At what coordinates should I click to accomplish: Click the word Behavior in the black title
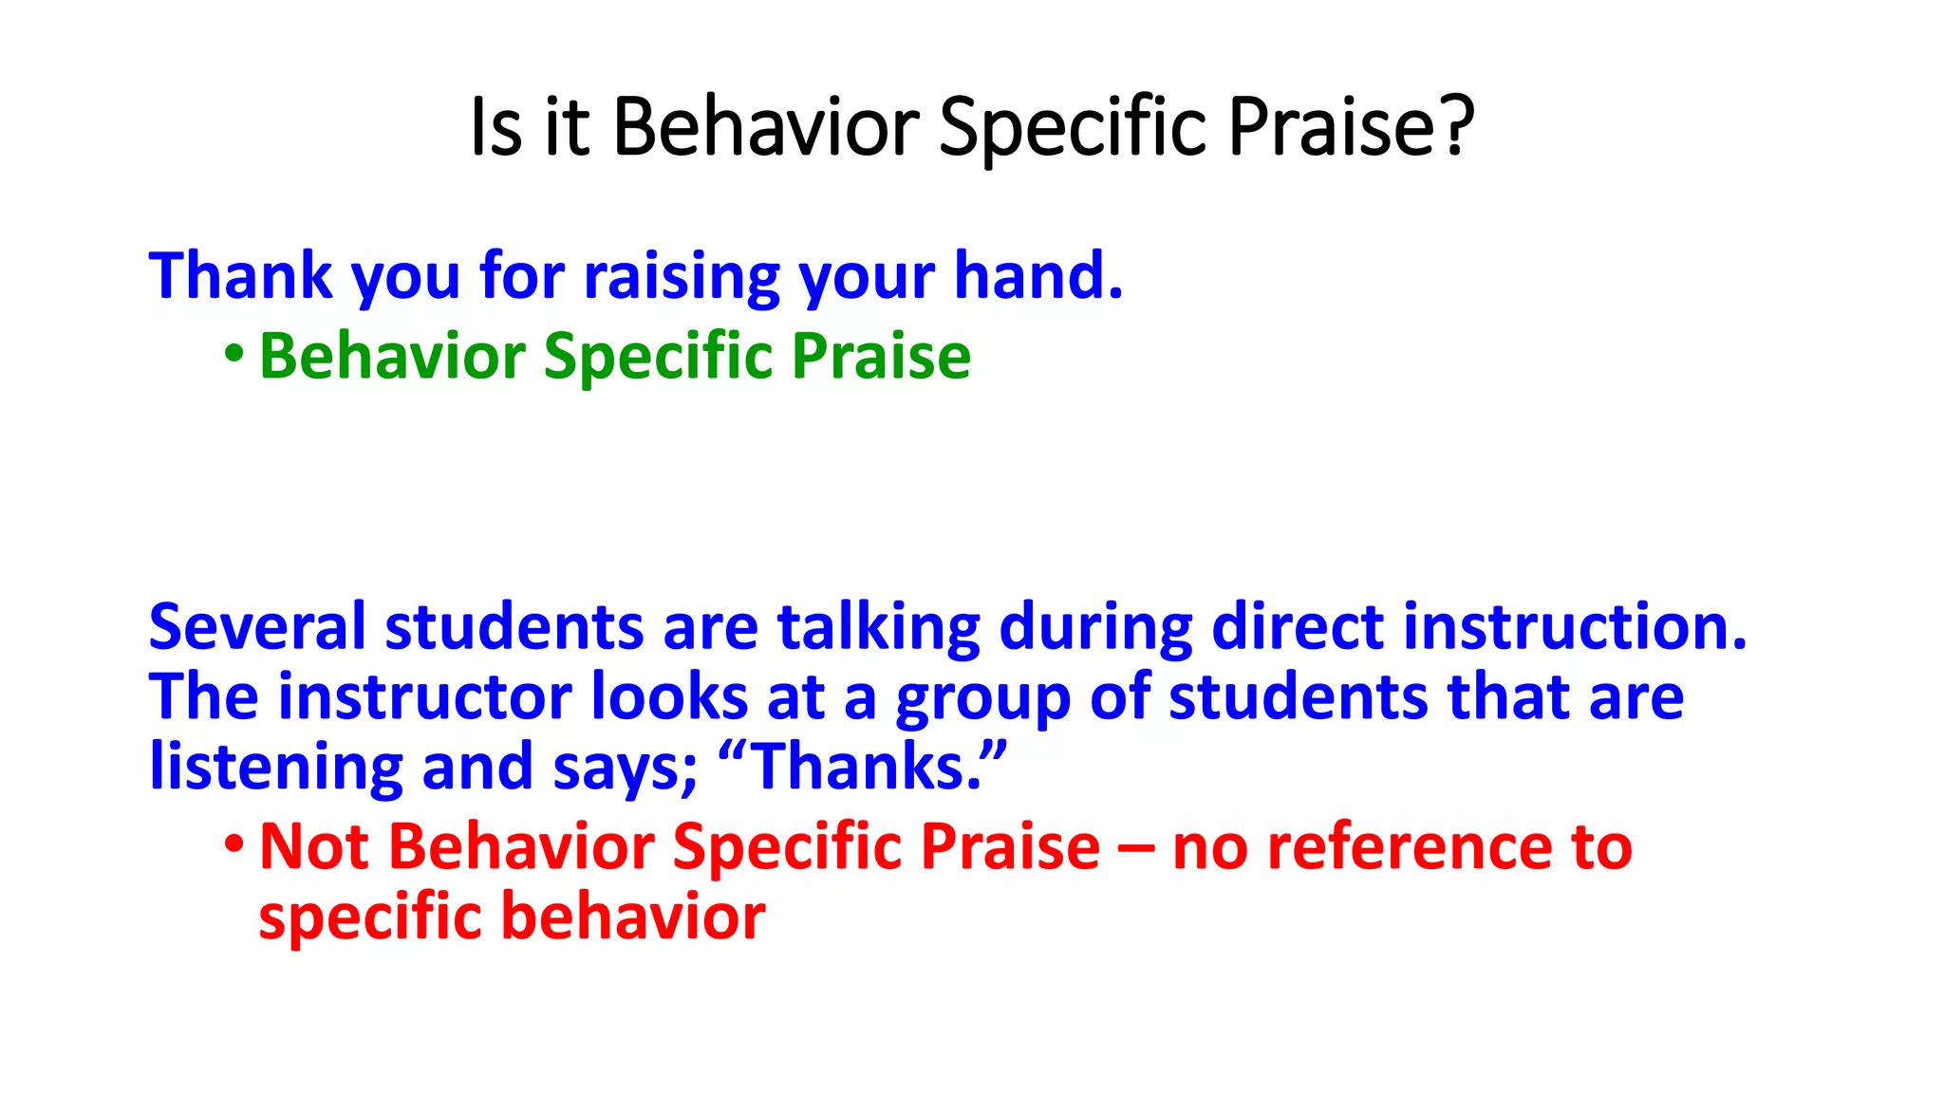click(766, 126)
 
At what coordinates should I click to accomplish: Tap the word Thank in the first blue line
click(240, 276)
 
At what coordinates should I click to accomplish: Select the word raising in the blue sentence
click(681, 278)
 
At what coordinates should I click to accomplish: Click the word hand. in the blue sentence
click(1038, 276)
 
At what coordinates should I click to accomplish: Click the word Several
click(256, 627)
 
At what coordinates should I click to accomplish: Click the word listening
click(276, 768)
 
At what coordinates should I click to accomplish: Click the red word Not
click(313, 846)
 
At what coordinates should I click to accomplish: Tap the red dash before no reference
click(1135, 848)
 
